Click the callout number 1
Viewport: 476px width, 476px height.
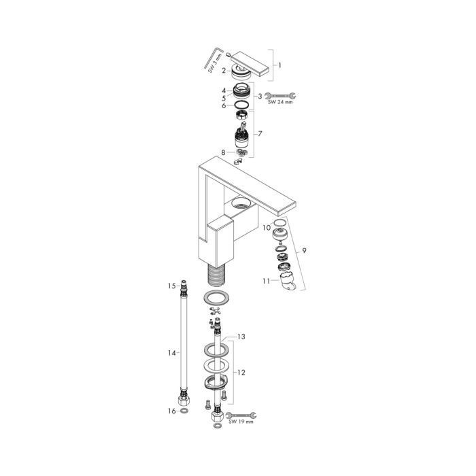tap(279, 66)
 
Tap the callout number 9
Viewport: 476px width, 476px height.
tap(305, 252)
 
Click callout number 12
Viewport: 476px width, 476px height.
tap(241, 373)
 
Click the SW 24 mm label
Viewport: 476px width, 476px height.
tap(280, 103)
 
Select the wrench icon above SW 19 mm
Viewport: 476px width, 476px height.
tap(241, 413)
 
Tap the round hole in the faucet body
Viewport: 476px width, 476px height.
tap(241, 203)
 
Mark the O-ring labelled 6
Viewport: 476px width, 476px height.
tap(240, 105)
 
